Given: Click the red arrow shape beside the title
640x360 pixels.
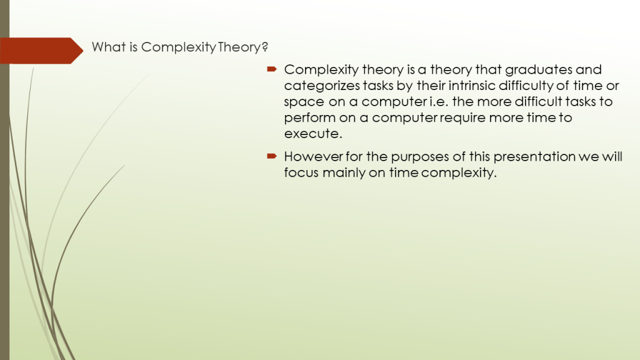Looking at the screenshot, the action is pyautogui.click(x=41, y=51).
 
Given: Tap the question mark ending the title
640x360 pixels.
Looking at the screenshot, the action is pyautogui.click(x=265, y=47).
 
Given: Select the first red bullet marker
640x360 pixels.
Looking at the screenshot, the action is pyautogui.click(x=272, y=69).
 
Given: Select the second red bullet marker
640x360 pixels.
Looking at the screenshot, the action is pyautogui.click(x=272, y=156).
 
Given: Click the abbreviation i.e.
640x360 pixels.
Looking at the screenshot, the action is pyautogui.click(x=439, y=102).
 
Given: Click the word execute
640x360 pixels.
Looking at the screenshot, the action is pyautogui.click(x=313, y=134).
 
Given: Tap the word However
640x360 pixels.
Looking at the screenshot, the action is pyautogui.click(x=314, y=156).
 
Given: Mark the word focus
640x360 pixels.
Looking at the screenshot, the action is pyautogui.click(x=301, y=172).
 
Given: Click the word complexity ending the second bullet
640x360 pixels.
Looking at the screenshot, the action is pyautogui.click(x=459, y=173).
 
